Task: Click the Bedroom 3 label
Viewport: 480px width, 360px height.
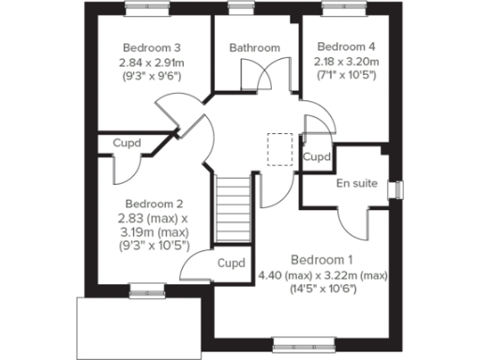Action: pos(150,48)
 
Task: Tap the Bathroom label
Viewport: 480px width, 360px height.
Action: pos(254,48)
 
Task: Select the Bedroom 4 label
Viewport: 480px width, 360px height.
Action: pos(345,46)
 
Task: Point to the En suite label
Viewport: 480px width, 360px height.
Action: pos(356,183)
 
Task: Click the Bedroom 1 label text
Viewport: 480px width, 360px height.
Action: pos(322,259)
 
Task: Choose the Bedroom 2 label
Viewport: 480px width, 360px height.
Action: pos(154,203)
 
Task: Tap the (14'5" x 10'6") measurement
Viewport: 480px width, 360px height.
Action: pos(322,289)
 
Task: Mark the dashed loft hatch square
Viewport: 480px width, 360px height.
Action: pos(280,148)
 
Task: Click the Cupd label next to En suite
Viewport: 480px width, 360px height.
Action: pos(317,157)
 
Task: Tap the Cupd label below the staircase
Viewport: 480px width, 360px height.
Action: pos(231,262)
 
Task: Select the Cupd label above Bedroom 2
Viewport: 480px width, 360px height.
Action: pos(127,143)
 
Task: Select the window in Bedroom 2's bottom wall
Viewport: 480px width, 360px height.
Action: pos(143,289)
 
